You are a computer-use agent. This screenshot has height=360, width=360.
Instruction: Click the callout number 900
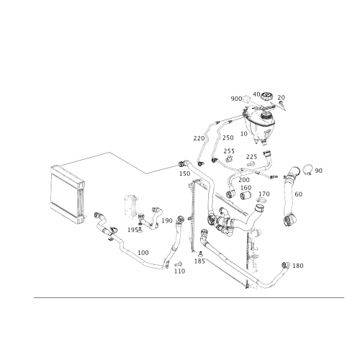coord(236,99)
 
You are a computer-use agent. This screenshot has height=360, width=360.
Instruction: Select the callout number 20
coord(282,97)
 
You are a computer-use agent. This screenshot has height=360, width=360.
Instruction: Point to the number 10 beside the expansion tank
coord(243,134)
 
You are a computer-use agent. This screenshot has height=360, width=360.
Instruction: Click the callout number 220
coord(199,138)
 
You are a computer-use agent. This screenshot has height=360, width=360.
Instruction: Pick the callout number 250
coord(228,138)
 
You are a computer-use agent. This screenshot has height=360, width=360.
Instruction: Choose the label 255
coord(229,151)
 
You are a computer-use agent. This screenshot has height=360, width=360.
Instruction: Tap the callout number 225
coord(251,157)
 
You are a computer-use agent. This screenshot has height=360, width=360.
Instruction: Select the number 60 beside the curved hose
coord(298,194)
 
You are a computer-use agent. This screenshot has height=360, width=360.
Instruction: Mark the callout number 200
coord(244,179)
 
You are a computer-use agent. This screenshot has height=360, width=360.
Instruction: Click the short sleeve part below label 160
coord(246,195)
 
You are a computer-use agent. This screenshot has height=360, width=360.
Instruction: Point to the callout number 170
coord(264,194)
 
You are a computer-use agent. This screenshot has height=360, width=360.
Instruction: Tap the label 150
coord(185,174)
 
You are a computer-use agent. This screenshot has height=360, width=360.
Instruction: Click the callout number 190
coord(167,220)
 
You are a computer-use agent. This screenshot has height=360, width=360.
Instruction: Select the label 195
coord(132,230)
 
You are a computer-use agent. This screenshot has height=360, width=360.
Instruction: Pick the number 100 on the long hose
coord(143,253)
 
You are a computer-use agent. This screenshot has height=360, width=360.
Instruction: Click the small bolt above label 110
coord(178,264)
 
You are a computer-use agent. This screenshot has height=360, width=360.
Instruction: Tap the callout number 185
coord(199,261)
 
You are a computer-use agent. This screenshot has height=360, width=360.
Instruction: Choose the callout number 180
coord(298,266)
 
